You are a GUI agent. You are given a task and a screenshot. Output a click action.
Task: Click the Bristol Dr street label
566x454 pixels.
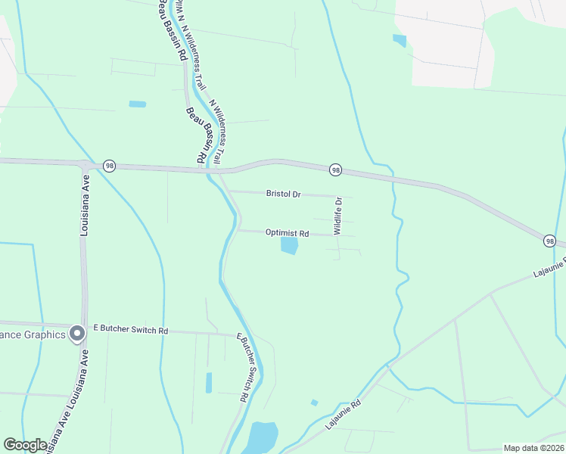pyautogui.click(x=284, y=194)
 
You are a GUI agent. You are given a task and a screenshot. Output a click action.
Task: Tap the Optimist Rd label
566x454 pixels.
pyautogui.click(x=287, y=233)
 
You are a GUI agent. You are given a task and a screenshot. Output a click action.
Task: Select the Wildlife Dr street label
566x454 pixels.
pyautogui.click(x=339, y=216)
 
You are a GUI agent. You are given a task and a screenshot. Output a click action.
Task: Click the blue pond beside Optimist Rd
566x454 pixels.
pyautogui.click(x=289, y=246)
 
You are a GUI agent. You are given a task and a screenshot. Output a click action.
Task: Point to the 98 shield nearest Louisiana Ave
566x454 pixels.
pyautogui.click(x=110, y=166)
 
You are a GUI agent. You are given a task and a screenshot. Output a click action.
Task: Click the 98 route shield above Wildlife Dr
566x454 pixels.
pyautogui.click(x=335, y=170)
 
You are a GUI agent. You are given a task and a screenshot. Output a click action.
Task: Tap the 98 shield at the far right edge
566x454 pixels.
pyautogui.click(x=549, y=241)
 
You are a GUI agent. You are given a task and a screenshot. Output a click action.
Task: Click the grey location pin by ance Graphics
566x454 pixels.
pyautogui.click(x=76, y=333)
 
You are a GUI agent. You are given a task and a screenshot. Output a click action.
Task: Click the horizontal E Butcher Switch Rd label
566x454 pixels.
pyautogui.click(x=130, y=331)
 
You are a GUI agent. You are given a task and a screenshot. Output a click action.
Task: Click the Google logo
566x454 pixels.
pyautogui.click(x=25, y=445)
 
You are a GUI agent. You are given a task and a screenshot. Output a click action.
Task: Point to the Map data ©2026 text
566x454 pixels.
pyautogui.click(x=533, y=447)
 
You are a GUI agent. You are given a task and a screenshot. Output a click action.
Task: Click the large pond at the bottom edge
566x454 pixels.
pyautogui.click(x=262, y=437)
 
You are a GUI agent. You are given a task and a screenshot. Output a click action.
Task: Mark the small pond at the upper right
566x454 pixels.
pyautogui.click(x=400, y=40)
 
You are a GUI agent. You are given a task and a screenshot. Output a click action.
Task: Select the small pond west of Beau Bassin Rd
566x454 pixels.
pyautogui.click(x=137, y=104)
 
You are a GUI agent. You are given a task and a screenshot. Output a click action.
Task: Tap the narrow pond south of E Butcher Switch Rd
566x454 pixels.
pyautogui.click(x=209, y=382)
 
